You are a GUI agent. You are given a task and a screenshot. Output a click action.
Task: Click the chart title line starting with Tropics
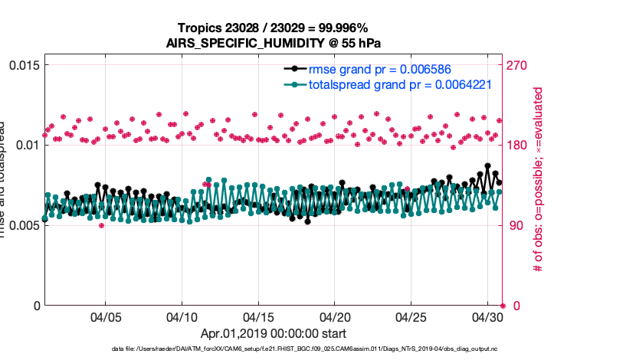point(274,28)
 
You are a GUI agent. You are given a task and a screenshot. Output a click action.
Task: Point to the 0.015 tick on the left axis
point(23,65)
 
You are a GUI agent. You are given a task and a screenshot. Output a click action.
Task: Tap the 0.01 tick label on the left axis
point(26,146)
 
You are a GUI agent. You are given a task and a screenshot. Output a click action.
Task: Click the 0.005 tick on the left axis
point(23,225)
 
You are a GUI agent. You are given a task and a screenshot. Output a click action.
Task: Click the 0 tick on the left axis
point(34,306)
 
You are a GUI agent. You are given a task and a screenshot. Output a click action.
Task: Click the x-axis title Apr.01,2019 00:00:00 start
point(274,333)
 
